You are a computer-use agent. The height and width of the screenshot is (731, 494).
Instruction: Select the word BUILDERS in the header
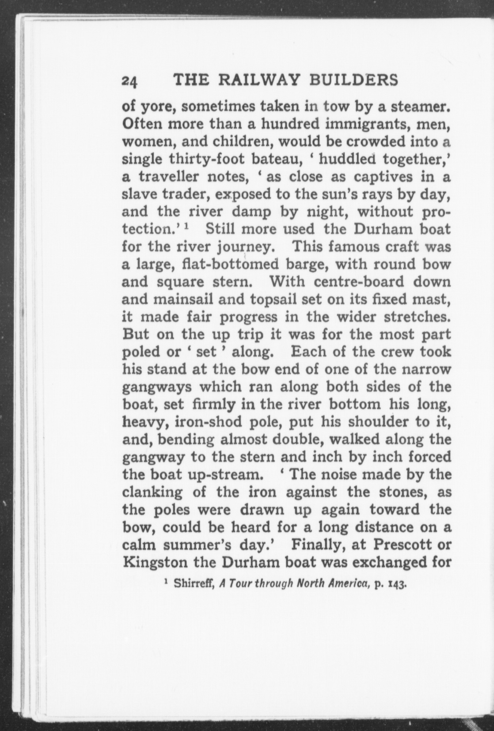tap(353, 80)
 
